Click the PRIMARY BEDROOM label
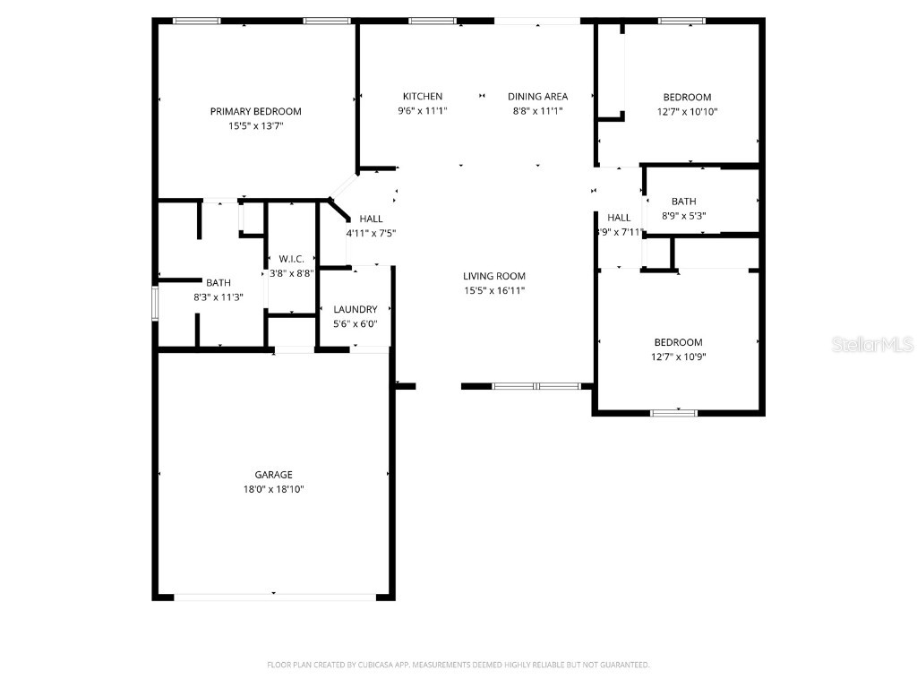point(255,111)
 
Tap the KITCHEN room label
point(422,97)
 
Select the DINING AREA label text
point(537,97)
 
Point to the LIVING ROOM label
point(493,276)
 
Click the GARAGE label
point(273,475)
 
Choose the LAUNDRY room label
point(356,309)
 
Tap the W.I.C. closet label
point(291,259)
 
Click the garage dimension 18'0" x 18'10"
point(273,489)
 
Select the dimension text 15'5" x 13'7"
point(255,126)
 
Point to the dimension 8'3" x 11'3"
point(218,297)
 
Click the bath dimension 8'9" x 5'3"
point(683,216)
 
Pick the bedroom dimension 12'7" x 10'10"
point(687,112)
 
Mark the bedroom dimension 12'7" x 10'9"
point(678,357)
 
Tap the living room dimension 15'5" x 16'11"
point(493,290)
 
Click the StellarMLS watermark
point(871,344)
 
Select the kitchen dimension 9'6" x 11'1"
point(422,111)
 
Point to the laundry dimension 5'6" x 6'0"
point(356,323)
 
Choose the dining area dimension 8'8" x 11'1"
point(537,111)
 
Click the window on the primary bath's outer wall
point(155,303)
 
